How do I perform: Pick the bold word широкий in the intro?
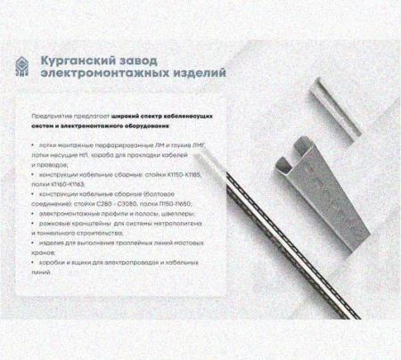[123, 117]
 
